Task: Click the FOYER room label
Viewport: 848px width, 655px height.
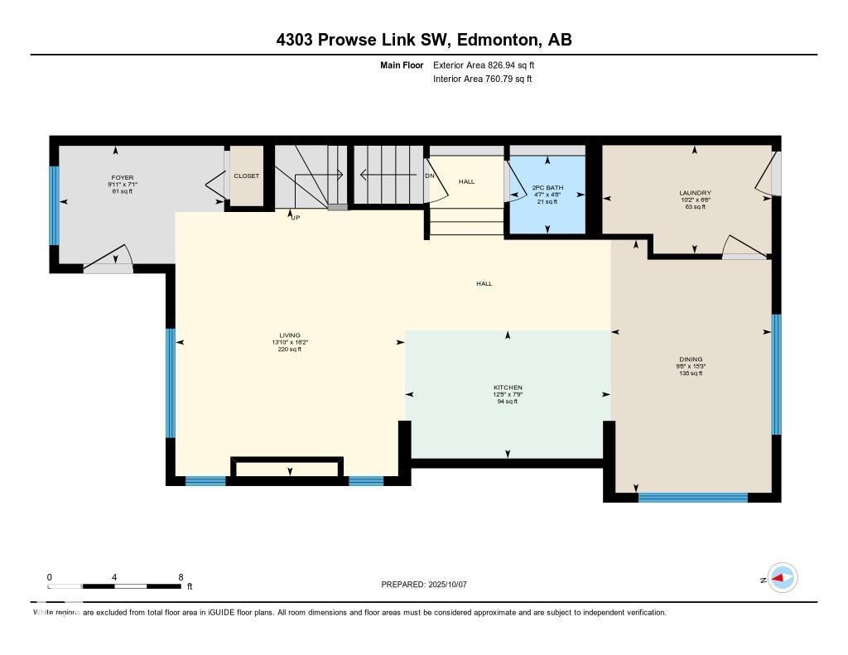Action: (123, 177)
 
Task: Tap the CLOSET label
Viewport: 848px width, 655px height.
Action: (246, 176)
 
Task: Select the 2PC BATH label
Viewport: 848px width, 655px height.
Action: (547, 188)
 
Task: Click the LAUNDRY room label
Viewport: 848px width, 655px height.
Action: (694, 193)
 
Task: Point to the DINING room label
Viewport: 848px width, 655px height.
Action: (691, 359)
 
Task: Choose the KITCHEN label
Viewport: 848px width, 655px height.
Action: (508, 388)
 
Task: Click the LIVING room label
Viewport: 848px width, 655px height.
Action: (289, 335)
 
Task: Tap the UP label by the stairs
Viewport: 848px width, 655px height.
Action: (294, 218)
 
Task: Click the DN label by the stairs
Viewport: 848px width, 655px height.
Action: (430, 176)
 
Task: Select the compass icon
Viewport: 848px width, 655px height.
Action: (782, 578)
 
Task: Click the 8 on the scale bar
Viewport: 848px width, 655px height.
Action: (180, 577)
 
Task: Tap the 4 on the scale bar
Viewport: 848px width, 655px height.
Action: (114, 577)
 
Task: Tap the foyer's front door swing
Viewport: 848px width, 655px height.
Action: (108, 259)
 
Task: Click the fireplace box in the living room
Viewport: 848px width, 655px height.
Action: (287, 469)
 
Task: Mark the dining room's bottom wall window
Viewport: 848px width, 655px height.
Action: (692, 498)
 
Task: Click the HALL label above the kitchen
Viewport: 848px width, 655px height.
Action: (484, 283)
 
